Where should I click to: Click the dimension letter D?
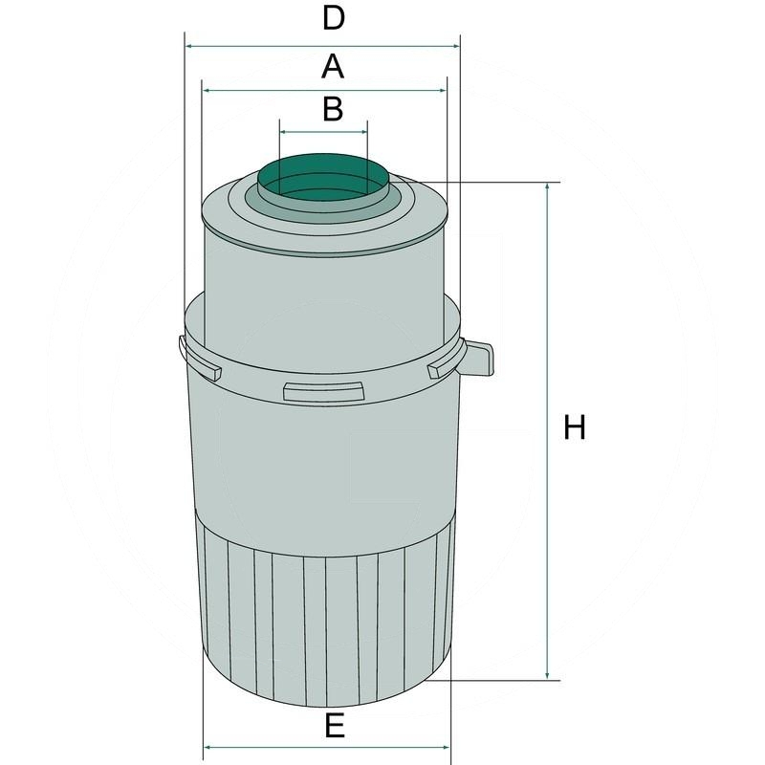coord(332,18)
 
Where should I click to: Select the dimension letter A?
coord(332,66)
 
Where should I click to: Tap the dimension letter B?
coord(332,109)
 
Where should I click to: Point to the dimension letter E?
coord(333,727)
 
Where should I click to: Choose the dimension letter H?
coord(574,427)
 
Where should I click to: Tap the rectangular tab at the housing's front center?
coord(323,390)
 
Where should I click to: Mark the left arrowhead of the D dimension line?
coord(189,46)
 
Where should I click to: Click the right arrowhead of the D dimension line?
coord(455,46)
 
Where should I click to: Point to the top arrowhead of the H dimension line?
coord(547,187)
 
